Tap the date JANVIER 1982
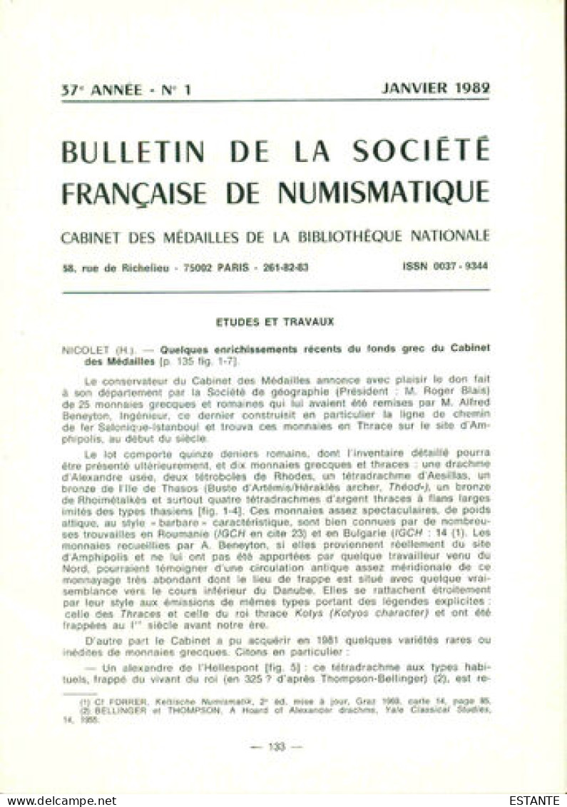436,88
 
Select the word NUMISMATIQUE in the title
383,191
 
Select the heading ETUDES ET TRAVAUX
275,322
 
